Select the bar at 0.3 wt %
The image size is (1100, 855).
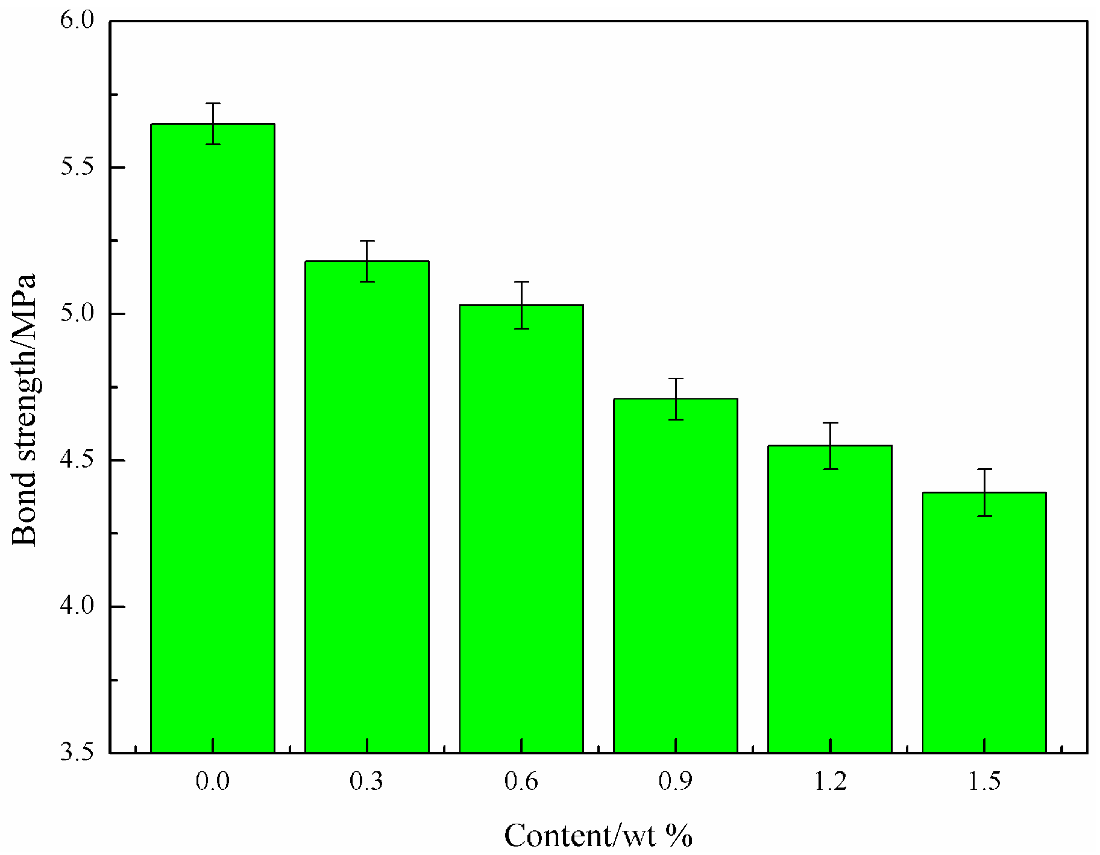pos(367,507)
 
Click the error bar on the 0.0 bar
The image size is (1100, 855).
pos(213,124)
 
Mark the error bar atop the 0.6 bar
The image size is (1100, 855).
pos(521,305)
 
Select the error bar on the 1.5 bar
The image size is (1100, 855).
pos(984,492)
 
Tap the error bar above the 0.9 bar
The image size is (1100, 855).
pos(676,399)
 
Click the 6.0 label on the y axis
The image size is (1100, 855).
pos(78,20)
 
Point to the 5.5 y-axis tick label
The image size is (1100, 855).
pos(78,167)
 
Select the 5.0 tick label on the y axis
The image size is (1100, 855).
pos(78,313)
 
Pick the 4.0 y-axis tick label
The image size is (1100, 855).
pos(78,606)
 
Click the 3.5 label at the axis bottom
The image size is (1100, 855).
pos(78,753)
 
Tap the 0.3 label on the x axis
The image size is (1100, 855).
pos(366,782)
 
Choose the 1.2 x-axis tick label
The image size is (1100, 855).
pos(830,782)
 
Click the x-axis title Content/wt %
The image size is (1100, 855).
pos(598,836)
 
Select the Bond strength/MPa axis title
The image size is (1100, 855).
pos(25,410)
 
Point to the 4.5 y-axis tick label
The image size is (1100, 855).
pos(78,460)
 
